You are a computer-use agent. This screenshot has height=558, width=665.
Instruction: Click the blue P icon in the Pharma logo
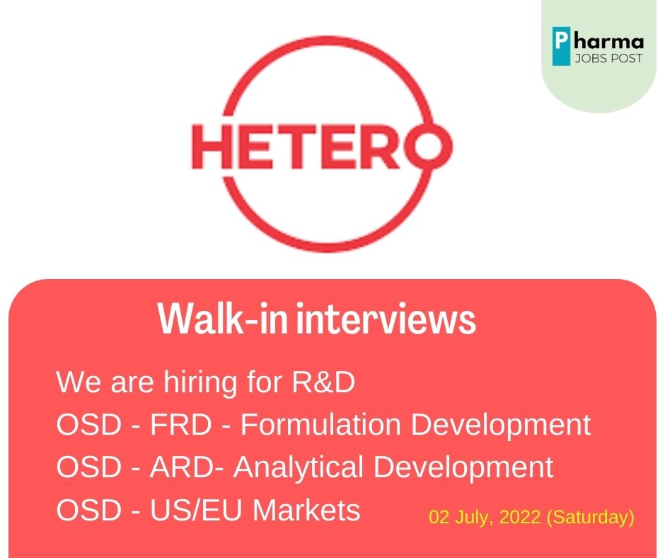pos(561,46)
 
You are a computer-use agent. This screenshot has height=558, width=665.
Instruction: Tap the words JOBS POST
pos(608,58)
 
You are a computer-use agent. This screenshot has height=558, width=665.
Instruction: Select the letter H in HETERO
pos(211,147)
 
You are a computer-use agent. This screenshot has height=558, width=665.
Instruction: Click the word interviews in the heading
pos(386,319)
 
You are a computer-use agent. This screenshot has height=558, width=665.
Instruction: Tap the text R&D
pos(323,382)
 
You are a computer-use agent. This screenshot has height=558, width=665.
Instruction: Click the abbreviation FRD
pos(180,424)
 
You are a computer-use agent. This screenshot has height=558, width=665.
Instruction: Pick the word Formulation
pos(320,424)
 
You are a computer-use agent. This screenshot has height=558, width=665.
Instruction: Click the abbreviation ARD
pos(182,467)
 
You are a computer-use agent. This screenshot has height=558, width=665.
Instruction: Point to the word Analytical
pos(299,468)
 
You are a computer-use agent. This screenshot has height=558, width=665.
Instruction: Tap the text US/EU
pos(196,509)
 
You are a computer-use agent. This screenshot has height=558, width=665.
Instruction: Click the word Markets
pos(306,509)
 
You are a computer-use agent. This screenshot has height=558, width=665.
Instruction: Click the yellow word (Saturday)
pos(590,518)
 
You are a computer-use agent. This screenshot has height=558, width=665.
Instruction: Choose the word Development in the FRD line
pos(501,426)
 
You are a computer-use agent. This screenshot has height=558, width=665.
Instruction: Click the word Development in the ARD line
pos(463,468)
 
